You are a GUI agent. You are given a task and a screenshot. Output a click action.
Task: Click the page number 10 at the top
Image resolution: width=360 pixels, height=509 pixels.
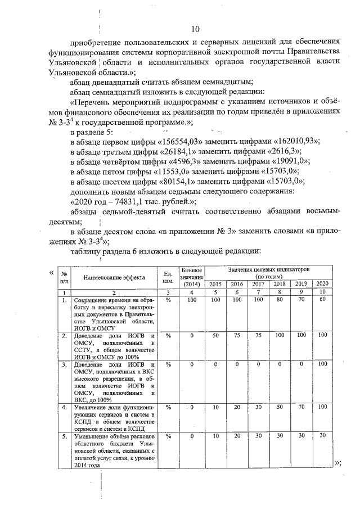pos(195,29)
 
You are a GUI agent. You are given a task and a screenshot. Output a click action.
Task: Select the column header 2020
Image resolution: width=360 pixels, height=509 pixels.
pos(322,283)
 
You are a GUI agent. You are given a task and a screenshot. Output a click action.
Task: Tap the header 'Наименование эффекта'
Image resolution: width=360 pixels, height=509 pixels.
pos(114,277)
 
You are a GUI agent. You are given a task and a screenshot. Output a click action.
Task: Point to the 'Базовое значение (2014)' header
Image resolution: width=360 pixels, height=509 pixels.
pos(192,277)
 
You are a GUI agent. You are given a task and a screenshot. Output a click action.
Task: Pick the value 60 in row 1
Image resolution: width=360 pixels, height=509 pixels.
pos(322,300)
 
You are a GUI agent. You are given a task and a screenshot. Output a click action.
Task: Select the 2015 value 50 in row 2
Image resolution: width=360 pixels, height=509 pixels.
pos(215,335)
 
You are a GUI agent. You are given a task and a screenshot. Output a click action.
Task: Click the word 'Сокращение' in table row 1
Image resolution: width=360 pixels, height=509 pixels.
pos(93,301)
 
